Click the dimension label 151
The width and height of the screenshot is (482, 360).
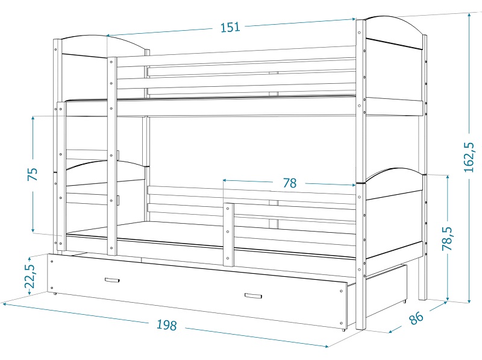[230, 27]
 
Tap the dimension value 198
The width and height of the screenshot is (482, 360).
[167, 325]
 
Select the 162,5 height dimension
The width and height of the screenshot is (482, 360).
[469, 157]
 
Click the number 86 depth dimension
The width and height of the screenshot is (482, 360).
[416, 318]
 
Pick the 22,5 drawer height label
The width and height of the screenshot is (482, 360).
[30, 276]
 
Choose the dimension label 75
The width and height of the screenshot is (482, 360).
[33, 174]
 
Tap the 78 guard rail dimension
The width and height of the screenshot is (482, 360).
[289, 183]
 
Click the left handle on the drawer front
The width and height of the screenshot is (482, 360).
[112, 280]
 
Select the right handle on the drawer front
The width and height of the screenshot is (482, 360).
[253, 296]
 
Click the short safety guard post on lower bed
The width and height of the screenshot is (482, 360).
[228, 235]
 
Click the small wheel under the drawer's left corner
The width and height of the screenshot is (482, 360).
[55, 294]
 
